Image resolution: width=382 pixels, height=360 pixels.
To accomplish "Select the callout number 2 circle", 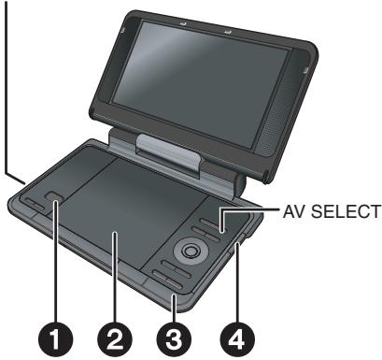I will point(116,338).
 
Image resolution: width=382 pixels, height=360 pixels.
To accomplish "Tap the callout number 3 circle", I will point(175,338).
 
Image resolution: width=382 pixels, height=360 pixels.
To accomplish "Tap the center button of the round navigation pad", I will point(190,251).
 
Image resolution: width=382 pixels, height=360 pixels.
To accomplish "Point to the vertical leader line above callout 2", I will point(116,281).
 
